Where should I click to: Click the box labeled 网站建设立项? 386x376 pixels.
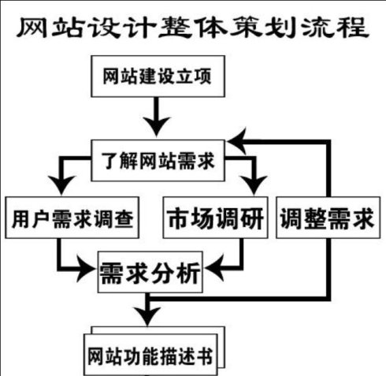(158, 76)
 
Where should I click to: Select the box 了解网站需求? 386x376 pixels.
(158, 161)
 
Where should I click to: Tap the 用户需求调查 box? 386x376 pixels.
(72, 218)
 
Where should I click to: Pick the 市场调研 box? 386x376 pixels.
(215, 218)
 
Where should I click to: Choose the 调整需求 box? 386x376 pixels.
(328, 218)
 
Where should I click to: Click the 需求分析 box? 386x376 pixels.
(150, 272)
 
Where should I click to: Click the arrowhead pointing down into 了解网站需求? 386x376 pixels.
(157, 127)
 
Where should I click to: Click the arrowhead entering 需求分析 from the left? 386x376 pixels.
(87, 269)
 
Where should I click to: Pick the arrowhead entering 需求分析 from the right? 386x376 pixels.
(214, 269)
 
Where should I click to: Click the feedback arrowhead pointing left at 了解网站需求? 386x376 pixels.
(237, 142)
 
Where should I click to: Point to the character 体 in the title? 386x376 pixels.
(210, 27)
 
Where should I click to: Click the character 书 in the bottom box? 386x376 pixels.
(203, 356)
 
